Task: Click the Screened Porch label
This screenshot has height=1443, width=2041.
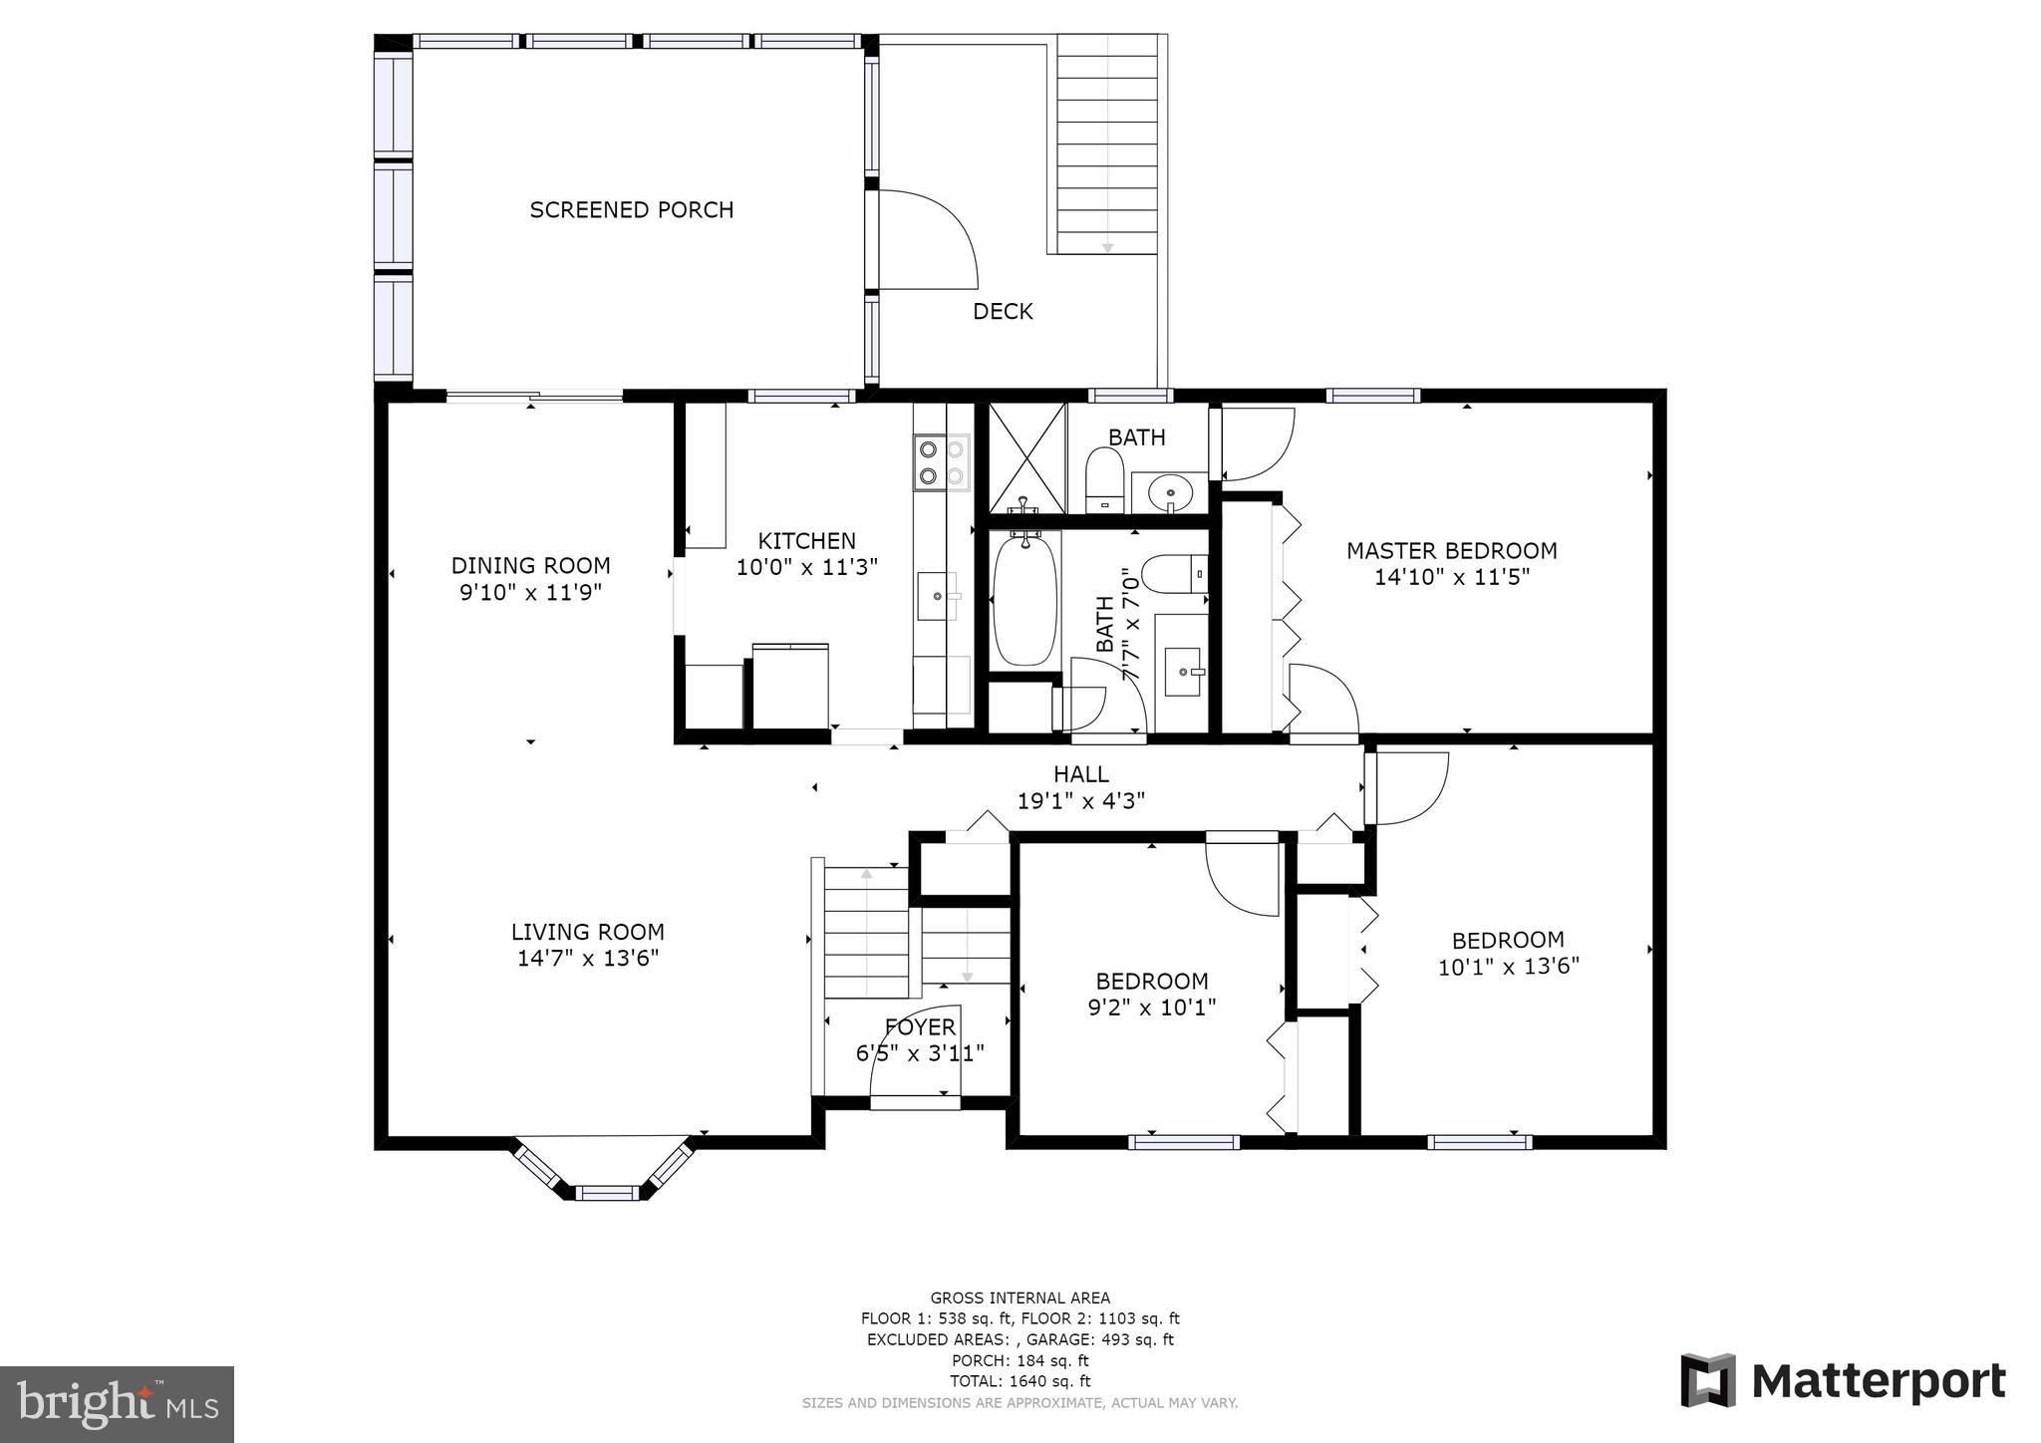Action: [631, 210]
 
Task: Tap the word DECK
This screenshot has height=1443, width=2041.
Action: [1003, 312]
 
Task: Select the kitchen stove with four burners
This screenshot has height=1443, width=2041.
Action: [941, 462]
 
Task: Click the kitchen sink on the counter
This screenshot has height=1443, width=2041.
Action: [938, 596]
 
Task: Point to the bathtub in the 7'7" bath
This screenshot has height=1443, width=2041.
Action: [1024, 599]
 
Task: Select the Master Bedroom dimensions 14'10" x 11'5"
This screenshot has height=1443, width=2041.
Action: [1451, 577]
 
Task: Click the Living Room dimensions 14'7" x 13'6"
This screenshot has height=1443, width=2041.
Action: [588, 959]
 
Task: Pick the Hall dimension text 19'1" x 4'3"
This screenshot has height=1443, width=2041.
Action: [1080, 800]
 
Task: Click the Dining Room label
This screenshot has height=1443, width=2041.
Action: [530, 566]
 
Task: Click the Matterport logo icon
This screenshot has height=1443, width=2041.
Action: [1707, 1380]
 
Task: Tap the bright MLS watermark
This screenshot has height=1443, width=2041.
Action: [117, 1404]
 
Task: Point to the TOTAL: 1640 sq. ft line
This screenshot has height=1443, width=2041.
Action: [1020, 1381]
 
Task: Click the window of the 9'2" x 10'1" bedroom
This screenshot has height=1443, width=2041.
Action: [1184, 1142]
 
